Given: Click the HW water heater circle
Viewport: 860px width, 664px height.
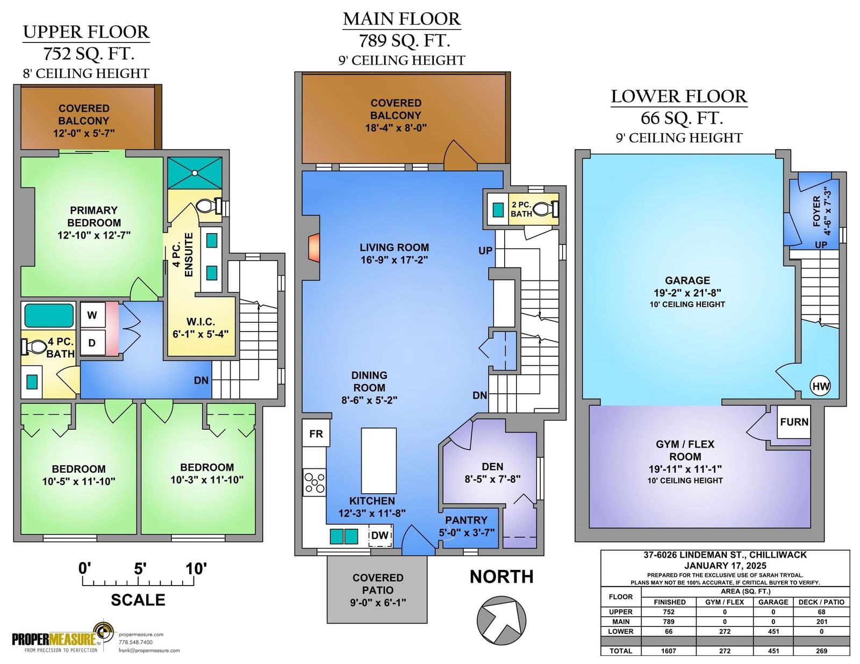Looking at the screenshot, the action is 820,386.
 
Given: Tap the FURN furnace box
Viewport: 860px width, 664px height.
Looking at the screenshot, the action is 794,422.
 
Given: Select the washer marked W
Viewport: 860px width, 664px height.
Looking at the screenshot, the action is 92,315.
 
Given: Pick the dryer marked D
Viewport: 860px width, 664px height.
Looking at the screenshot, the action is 92,343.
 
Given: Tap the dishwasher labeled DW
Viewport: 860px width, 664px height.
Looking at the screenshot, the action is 381,536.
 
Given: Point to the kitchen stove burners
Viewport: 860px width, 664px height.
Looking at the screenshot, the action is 314,482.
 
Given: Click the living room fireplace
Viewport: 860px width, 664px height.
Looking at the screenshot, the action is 314,247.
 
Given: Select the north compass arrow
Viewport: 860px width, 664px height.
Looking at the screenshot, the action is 501,620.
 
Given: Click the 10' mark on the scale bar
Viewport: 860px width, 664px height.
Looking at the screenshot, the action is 196,568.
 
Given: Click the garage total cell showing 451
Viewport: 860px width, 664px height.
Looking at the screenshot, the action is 773,651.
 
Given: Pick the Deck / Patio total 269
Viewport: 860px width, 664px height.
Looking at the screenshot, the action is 821,651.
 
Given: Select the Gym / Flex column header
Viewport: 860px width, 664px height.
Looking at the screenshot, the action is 724,602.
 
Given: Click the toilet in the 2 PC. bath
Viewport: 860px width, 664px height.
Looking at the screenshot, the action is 546,208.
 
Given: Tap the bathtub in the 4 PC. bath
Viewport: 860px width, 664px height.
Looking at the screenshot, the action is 49,316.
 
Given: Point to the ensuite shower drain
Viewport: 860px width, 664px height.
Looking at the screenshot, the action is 195,173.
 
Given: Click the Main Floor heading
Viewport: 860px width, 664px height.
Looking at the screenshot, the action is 402,19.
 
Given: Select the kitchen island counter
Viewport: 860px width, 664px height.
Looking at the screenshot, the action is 379,460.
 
